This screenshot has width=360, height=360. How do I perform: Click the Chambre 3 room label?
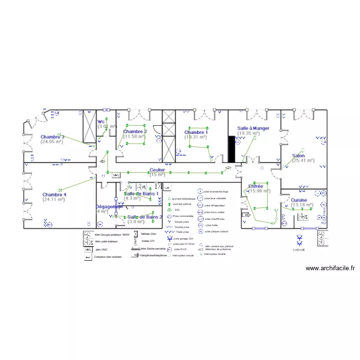tap(52, 137)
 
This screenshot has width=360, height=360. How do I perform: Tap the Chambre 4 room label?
tap(54, 194)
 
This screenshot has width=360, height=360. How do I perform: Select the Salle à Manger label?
tap(253, 128)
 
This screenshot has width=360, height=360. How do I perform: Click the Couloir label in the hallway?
tap(157, 170)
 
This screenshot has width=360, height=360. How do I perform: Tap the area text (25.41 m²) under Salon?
tap(303, 161)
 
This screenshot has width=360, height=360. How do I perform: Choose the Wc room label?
tap(101, 122)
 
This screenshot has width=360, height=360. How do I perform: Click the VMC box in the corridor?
tap(116, 176)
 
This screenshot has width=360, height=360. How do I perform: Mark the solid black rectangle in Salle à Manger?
tap(231, 148)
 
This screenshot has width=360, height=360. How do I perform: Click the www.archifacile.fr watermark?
tap(330, 269)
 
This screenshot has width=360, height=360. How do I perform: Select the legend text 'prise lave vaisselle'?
tap(215, 198)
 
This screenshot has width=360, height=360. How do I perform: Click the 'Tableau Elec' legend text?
tap(148, 234)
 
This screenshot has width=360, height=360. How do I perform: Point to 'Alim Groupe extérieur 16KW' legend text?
tap(112, 235)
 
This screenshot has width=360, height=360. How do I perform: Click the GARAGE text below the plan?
tap(300, 250)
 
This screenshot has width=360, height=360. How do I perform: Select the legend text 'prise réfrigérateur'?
tap(214, 205)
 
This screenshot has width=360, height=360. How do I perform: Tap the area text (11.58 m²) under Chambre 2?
tap(134, 136)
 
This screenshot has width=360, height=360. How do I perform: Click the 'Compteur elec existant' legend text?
tap(108, 257)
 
